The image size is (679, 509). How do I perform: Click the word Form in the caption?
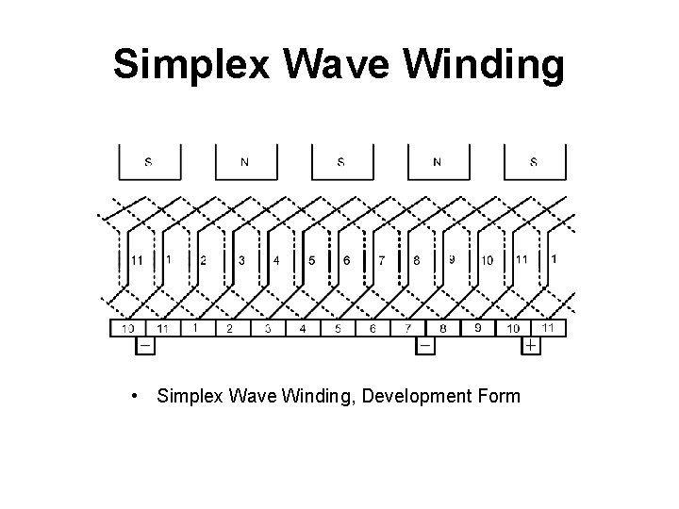497,396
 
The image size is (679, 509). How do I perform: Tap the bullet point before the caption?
139,396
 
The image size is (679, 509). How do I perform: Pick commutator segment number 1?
195,328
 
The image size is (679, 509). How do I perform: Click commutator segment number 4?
303,328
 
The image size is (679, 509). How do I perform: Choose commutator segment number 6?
373,328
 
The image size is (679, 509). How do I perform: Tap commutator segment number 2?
229,328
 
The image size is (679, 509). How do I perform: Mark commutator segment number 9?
479,328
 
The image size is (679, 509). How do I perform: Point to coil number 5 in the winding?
312,260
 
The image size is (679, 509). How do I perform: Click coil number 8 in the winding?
417,260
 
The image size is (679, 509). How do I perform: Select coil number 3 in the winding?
241,260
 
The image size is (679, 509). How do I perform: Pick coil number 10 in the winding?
487,260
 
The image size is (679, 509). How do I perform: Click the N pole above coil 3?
245,161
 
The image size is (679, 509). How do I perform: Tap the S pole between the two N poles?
341,161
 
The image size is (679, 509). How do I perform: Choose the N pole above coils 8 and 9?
438,161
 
